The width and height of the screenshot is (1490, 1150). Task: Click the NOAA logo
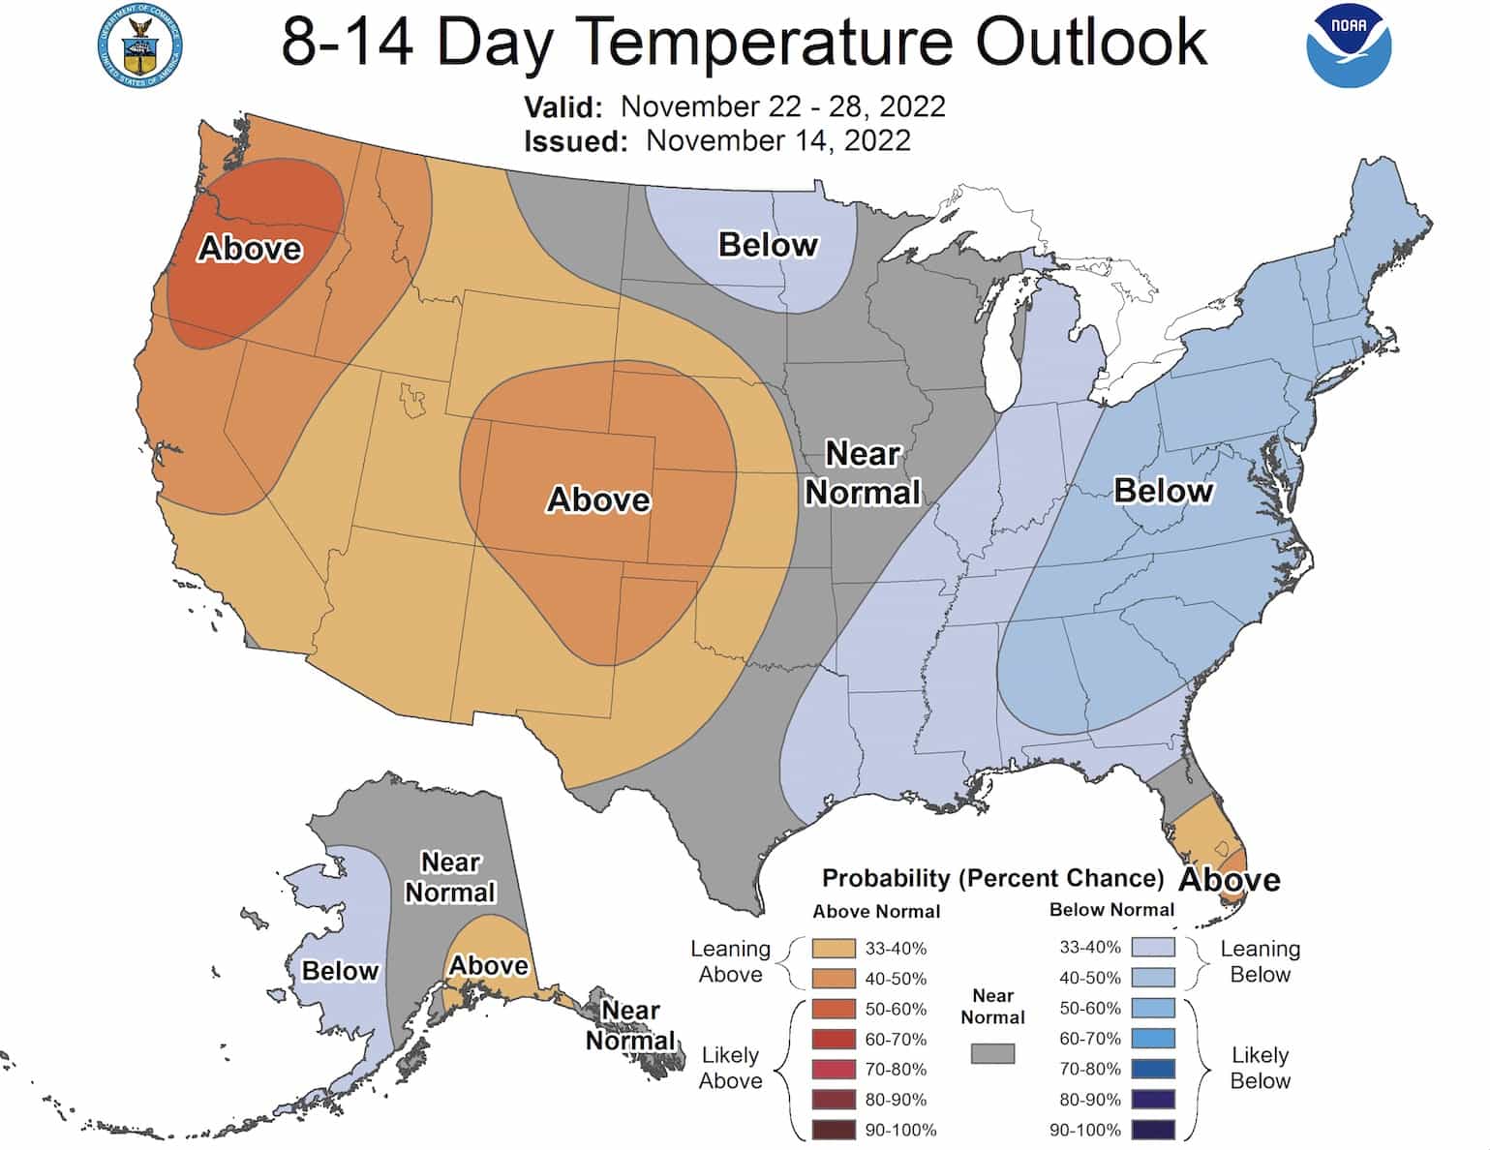pyautogui.click(x=1349, y=45)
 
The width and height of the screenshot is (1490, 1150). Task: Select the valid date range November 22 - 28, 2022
pyautogui.click(x=782, y=106)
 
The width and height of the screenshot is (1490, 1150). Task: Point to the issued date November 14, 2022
pyautogui.click(x=777, y=140)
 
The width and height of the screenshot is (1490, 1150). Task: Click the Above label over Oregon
pyautogui.click(x=250, y=249)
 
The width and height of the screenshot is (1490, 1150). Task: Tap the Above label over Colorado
pyautogui.click(x=598, y=499)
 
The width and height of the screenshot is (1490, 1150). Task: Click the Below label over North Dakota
pyautogui.click(x=768, y=245)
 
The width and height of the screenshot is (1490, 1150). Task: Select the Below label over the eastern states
pyautogui.click(x=1163, y=491)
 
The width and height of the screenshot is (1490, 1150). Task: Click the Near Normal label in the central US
pyautogui.click(x=863, y=473)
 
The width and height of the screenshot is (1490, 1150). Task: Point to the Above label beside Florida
pyautogui.click(x=1230, y=880)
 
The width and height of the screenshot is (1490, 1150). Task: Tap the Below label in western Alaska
pyautogui.click(x=340, y=971)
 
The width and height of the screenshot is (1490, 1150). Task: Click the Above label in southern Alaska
pyautogui.click(x=489, y=965)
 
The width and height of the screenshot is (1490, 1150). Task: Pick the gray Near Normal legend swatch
pyautogui.click(x=992, y=1053)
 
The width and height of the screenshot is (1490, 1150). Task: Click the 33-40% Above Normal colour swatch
pyautogui.click(x=834, y=949)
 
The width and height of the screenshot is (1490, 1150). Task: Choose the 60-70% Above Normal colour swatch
pyautogui.click(x=834, y=1040)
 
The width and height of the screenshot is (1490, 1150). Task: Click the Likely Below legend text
pyautogui.click(x=1260, y=1068)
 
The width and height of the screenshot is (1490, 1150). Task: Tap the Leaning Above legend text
pyautogui.click(x=730, y=961)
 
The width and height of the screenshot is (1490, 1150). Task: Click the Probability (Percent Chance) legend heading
pyautogui.click(x=992, y=878)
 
